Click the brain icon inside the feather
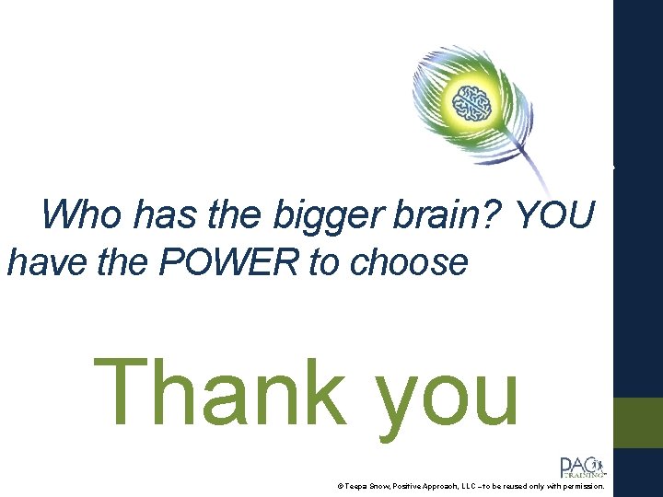[x=478, y=102]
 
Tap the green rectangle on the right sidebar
[x=638, y=422]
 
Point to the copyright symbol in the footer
[x=340, y=485]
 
